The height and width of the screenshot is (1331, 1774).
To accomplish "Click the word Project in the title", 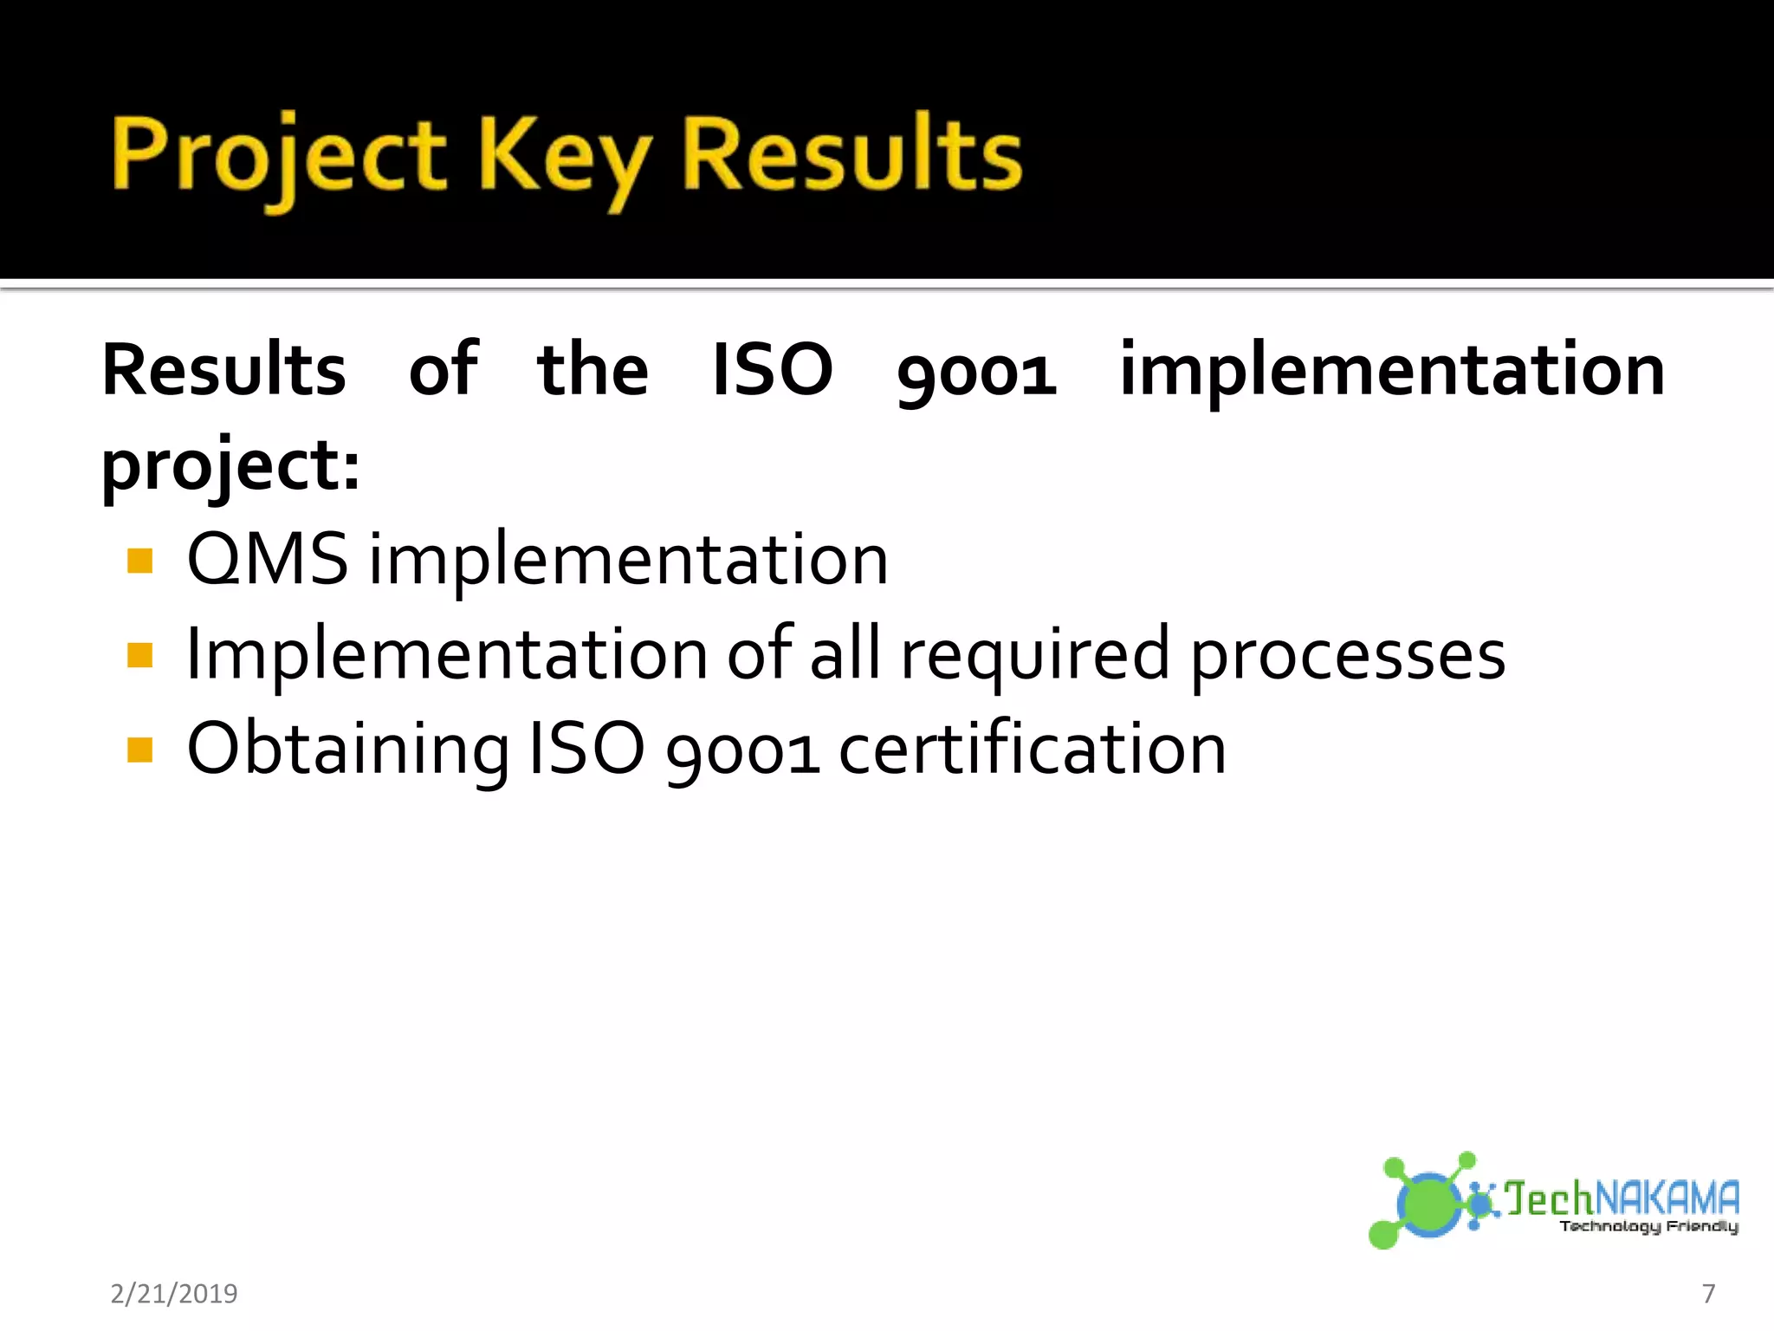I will tap(277, 156).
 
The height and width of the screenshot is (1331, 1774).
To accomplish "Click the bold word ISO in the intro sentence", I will tap(772, 370).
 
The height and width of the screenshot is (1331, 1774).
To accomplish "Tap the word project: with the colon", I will tap(230, 465).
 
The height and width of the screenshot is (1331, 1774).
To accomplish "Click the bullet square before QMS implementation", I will tap(139, 562).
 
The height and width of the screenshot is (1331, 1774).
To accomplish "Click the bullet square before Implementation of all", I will tap(139, 655).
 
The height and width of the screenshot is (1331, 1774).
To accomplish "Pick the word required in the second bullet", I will tap(1035, 655).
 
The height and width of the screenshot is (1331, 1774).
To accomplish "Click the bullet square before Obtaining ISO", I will tap(139, 750).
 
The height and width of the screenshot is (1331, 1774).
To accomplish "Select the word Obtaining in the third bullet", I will tap(347, 750).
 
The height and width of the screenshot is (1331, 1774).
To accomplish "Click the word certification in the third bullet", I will tap(1032, 750).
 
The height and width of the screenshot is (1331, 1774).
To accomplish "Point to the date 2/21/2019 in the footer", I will tap(174, 1294).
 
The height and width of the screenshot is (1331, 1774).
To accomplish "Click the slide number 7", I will tap(1708, 1294).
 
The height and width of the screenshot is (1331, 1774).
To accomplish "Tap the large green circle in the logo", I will tap(1428, 1204).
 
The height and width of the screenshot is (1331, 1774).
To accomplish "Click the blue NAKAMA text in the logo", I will tap(1667, 1198).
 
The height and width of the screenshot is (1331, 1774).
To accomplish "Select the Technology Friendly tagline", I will tap(1648, 1226).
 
